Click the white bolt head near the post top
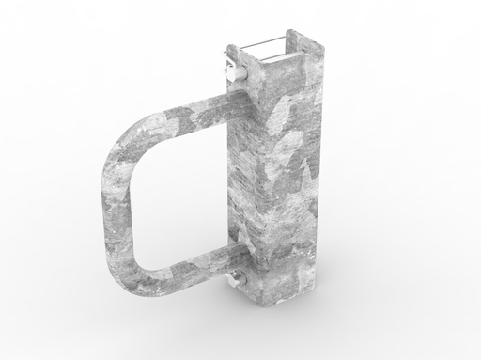click(x=229, y=71)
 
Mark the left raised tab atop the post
click(x=235, y=52)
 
